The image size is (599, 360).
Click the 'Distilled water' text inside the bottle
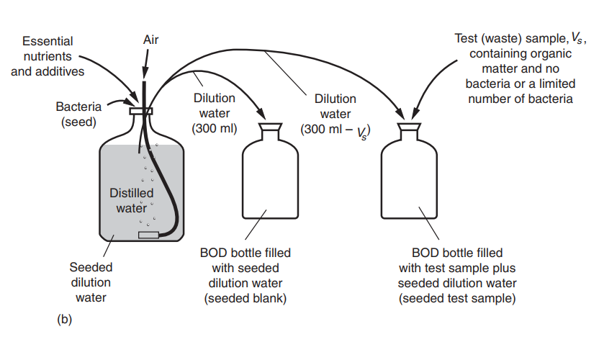pos(132,201)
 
